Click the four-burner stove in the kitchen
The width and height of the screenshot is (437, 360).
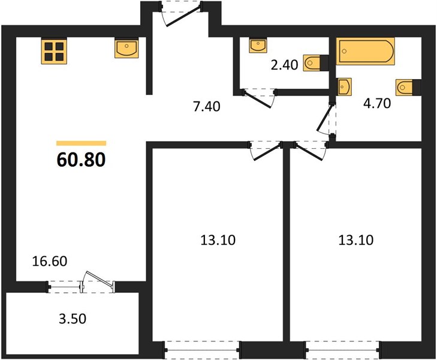click(54, 52)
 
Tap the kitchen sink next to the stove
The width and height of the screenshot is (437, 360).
click(126, 47)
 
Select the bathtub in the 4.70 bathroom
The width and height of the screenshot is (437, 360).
click(365, 52)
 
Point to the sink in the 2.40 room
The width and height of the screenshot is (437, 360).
click(258, 45)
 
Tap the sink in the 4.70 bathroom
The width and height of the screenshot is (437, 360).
click(344, 87)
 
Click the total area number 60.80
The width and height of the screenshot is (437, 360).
click(81, 160)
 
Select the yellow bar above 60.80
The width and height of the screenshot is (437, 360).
click(81, 143)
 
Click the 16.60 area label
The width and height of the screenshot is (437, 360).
click(50, 261)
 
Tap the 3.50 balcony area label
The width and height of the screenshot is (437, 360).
click(73, 319)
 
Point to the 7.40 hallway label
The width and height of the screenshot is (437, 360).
click(207, 106)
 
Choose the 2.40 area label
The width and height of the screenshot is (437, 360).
click(285, 65)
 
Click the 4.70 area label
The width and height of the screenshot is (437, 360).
click(377, 103)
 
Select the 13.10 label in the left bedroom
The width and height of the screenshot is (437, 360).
click(218, 240)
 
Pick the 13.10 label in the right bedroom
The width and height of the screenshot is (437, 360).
click(356, 240)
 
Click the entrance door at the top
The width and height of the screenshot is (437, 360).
click(181, 13)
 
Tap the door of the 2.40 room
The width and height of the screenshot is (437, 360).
click(259, 98)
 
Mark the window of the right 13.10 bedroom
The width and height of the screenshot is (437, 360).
click(343, 349)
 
